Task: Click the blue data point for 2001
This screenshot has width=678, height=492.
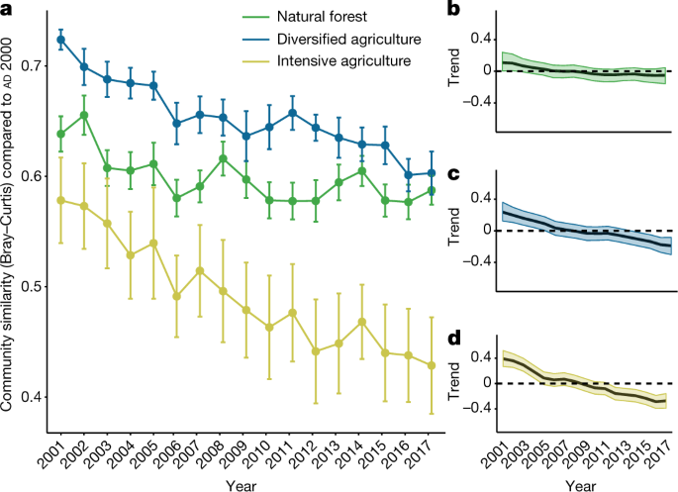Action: [x=61, y=40]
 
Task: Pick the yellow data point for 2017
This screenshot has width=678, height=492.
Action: [x=432, y=365]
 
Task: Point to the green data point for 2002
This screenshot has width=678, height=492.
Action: [x=84, y=115]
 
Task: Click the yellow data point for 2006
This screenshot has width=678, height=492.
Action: [x=177, y=296]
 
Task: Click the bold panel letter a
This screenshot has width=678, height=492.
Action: [x=10, y=10]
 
